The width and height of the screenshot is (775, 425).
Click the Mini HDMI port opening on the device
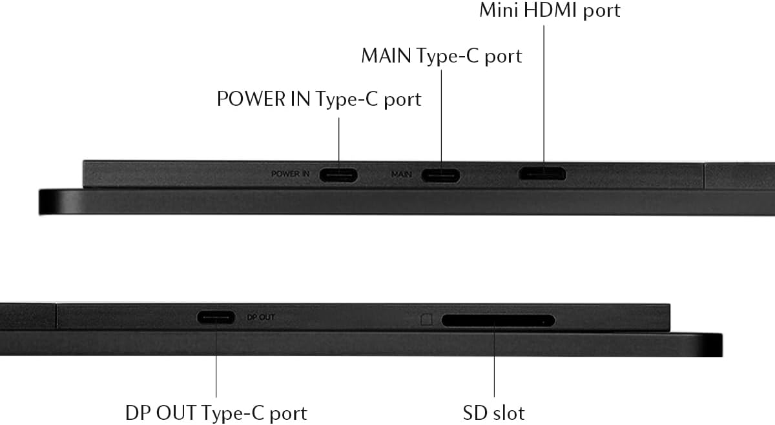542,174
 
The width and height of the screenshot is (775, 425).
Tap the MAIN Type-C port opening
441,175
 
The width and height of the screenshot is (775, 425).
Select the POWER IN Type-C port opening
339,175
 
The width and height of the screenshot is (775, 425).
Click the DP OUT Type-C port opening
216,317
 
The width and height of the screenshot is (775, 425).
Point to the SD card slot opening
497,320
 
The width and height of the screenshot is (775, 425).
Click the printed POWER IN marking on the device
291,174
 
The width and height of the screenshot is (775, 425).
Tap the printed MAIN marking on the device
402,174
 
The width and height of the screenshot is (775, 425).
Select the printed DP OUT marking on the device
262,317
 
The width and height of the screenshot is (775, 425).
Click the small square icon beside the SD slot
426,319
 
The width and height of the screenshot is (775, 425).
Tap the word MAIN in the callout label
386,56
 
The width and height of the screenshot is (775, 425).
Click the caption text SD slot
494,412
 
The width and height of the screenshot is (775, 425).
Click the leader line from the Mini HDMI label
542,90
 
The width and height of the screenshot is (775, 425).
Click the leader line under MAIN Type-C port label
442,116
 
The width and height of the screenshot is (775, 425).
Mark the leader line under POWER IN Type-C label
340,139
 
